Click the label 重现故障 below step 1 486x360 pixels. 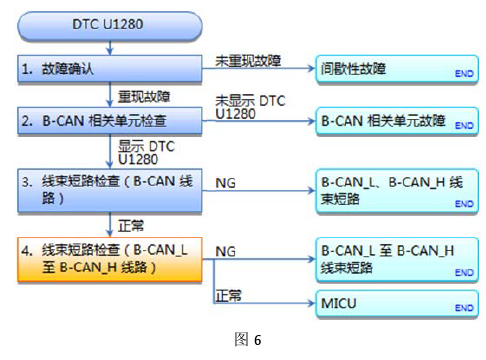tap(144, 97)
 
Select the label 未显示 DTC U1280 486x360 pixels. tap(250, 108)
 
